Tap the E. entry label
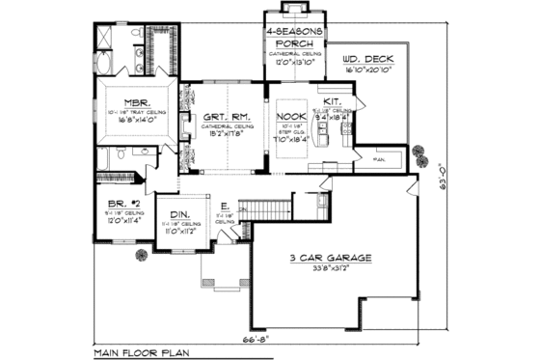(225, 206)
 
